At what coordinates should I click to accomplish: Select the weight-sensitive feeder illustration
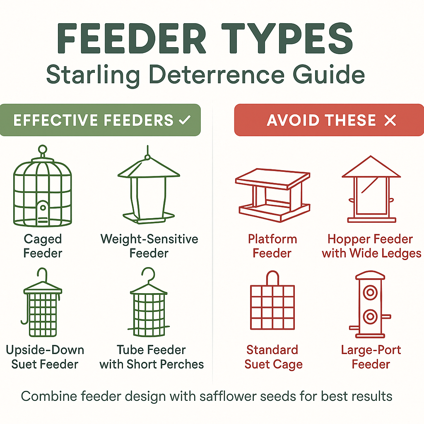click(x=149, y=186)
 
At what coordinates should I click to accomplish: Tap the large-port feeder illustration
click(x=370, y=304)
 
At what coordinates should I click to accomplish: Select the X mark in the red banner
click(x=390, y=120)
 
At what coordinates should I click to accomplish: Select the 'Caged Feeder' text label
click(x=43, y=246)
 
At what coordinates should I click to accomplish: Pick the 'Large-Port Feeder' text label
click(x=371, y=357)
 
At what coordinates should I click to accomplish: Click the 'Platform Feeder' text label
click(x=272, y=246)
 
